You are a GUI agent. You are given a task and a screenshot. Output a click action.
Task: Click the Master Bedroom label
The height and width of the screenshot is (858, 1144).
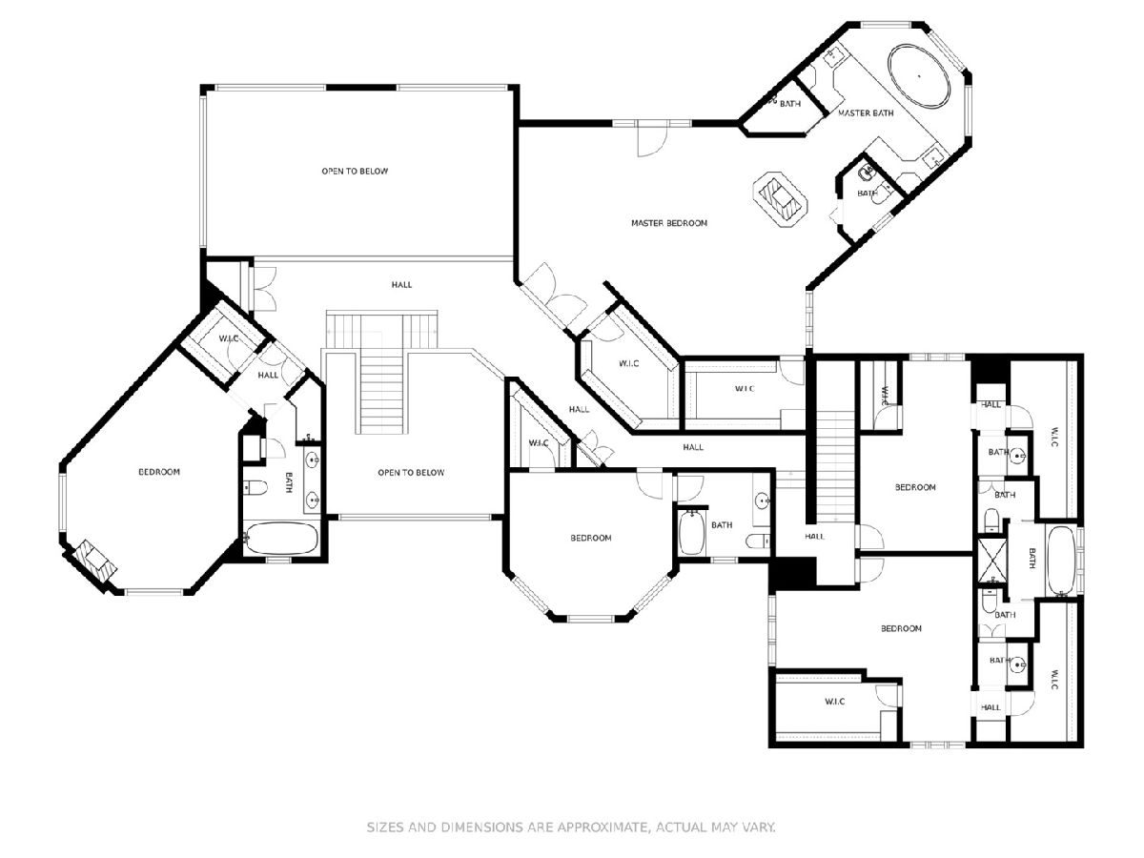coord(668,223)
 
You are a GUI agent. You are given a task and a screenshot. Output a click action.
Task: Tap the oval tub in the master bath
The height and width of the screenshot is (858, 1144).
coord(918,76)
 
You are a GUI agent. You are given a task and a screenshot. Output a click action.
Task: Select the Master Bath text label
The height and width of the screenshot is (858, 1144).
coord(866,112)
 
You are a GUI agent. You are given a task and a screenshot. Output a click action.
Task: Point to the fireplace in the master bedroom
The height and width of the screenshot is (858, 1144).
coord(780,198)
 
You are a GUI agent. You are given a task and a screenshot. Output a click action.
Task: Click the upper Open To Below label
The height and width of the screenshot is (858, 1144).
coord(355,171)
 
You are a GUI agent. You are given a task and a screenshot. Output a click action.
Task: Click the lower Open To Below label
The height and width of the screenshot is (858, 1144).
coord(411,473)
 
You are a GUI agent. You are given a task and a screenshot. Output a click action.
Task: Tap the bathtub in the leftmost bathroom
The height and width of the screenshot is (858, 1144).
coord(281,538)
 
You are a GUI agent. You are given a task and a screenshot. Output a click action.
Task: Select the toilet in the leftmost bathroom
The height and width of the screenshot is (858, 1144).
coord(255,488)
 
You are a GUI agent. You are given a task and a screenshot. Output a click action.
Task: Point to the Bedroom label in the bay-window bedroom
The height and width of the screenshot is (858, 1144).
coord(590,538)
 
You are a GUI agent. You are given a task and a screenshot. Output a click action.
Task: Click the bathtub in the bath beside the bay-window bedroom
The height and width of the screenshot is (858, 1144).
coord(691,532)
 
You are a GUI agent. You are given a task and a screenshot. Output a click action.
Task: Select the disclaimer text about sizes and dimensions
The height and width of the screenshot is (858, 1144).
coord(571,827)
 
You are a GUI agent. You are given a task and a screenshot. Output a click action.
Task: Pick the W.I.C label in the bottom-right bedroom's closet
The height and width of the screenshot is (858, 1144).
coord(834,702)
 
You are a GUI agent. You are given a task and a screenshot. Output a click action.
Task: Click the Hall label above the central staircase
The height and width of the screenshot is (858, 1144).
coord(401,284)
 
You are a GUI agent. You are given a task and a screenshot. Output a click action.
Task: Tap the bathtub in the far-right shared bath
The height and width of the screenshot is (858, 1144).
coord(1060,561)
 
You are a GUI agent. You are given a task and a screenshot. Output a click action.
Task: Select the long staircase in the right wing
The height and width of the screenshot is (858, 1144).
coord(835,466)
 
